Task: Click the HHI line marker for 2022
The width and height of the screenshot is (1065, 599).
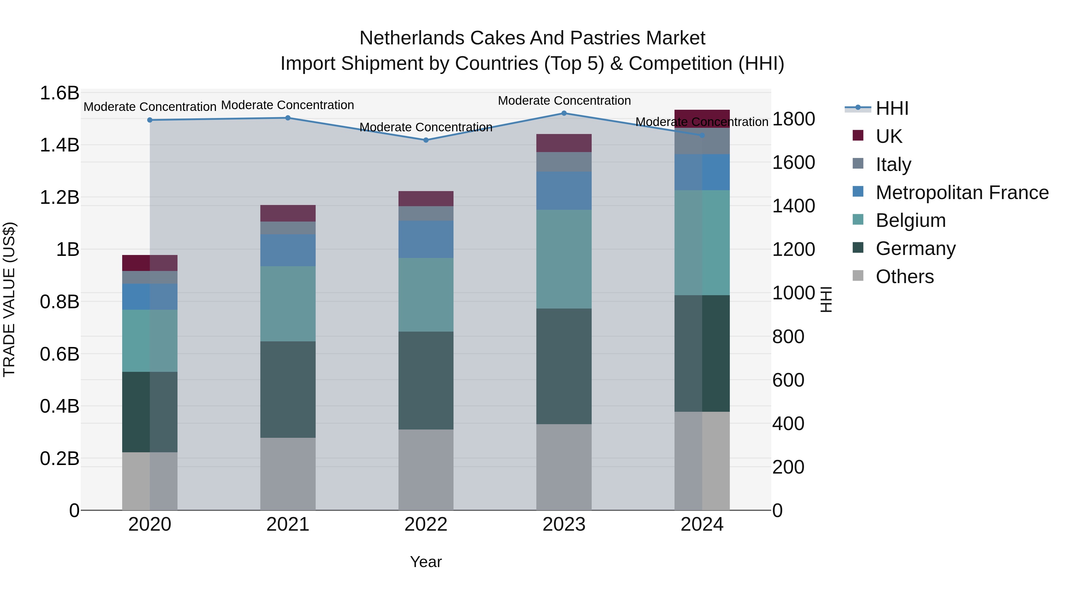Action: tap(426, 140)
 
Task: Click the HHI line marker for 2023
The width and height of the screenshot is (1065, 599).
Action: tap(564, 113)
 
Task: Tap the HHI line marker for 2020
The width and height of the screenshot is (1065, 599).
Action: tap(150, 120)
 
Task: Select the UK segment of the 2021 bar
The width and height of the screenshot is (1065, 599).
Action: tap(288, 213)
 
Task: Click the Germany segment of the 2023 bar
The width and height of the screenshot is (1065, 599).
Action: tap(564, 366)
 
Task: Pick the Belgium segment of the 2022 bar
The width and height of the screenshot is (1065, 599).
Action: tap(426, 295)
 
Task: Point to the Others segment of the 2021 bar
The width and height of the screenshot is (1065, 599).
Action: tap(288, 474)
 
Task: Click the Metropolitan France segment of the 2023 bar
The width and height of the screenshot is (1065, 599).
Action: tap(564, 190)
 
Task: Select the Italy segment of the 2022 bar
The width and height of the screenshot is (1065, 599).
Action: tap(426, 213)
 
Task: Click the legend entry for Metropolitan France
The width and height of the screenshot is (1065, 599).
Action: tap(962, 193)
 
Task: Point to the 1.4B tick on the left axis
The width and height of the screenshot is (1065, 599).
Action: tap(59, 145)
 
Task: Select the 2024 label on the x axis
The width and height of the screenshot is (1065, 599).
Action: tap(702, 524)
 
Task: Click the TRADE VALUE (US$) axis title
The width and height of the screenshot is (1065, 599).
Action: tap(9, 299)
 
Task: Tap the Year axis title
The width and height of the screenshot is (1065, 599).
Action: tap(426, 562)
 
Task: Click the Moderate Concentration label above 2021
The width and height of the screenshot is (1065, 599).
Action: tap(288, 105)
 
